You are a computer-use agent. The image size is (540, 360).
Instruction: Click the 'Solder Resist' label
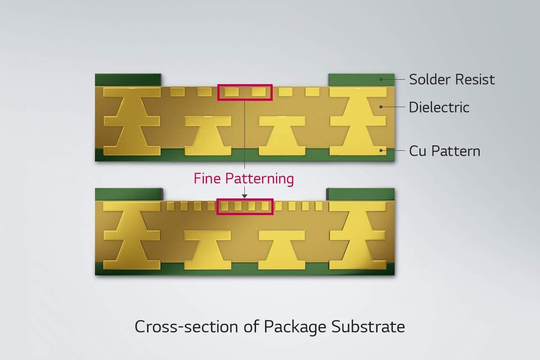(452, 79)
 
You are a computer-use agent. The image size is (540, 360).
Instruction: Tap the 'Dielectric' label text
(439, 107)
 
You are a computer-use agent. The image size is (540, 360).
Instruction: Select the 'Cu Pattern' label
(445, 151)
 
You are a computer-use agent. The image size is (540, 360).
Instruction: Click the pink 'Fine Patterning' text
(244, 179)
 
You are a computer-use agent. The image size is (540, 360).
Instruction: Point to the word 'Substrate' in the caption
(368, 327)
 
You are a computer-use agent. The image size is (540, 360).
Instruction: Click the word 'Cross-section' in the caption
(186, 327)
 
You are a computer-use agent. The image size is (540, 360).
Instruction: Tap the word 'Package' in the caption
(295, 327)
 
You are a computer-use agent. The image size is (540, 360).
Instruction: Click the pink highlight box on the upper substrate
(245, 85)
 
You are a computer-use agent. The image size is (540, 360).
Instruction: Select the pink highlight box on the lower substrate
(245, 199)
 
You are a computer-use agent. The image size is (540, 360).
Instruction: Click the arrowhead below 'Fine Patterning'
(244, 196)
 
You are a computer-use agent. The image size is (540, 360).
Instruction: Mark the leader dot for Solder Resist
(381, 79)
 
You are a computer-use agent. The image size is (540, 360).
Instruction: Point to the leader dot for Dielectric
(381, 107)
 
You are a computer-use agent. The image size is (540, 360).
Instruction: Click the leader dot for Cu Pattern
(381, 150)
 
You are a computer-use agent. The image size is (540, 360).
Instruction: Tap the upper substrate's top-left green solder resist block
(128, 80)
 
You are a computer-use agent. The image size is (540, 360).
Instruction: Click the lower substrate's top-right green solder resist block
(361, 194)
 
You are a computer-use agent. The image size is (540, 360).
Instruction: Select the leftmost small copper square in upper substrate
(177, 92)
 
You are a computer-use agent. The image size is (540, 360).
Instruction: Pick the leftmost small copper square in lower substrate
(171, 206)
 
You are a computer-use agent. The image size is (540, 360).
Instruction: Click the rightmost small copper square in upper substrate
(312, 92)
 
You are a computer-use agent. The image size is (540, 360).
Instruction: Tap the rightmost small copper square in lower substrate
(319, 206)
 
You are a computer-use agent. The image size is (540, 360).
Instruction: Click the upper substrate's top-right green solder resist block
(361, 80)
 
